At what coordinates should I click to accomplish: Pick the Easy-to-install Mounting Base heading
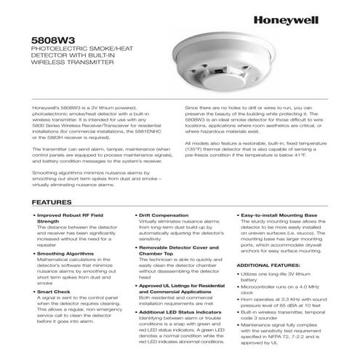[x=279, y=216]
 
